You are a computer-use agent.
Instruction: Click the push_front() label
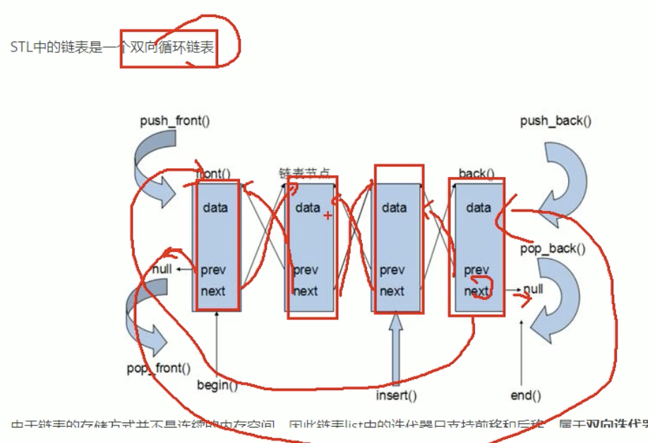point(174,120)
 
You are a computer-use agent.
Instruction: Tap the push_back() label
point(556,121)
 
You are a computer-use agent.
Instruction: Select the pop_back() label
point(553,248)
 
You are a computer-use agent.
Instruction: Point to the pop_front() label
point(159,368)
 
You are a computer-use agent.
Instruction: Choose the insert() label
point(396,395)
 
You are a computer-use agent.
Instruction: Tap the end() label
point(525,395)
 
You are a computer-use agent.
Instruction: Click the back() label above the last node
point(476,174)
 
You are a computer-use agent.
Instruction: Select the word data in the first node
point(215,207)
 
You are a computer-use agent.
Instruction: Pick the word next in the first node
point(213,291)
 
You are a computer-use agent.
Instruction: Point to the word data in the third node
point(394,207)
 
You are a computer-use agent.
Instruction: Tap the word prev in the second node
point(305,269)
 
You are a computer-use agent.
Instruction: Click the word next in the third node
point(392,291)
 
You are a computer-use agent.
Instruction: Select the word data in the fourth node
point(479,207)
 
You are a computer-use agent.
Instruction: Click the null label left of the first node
point(162,269)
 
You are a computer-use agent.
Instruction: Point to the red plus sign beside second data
point(327,214)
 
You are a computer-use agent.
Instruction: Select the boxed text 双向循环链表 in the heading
point(168,48)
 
